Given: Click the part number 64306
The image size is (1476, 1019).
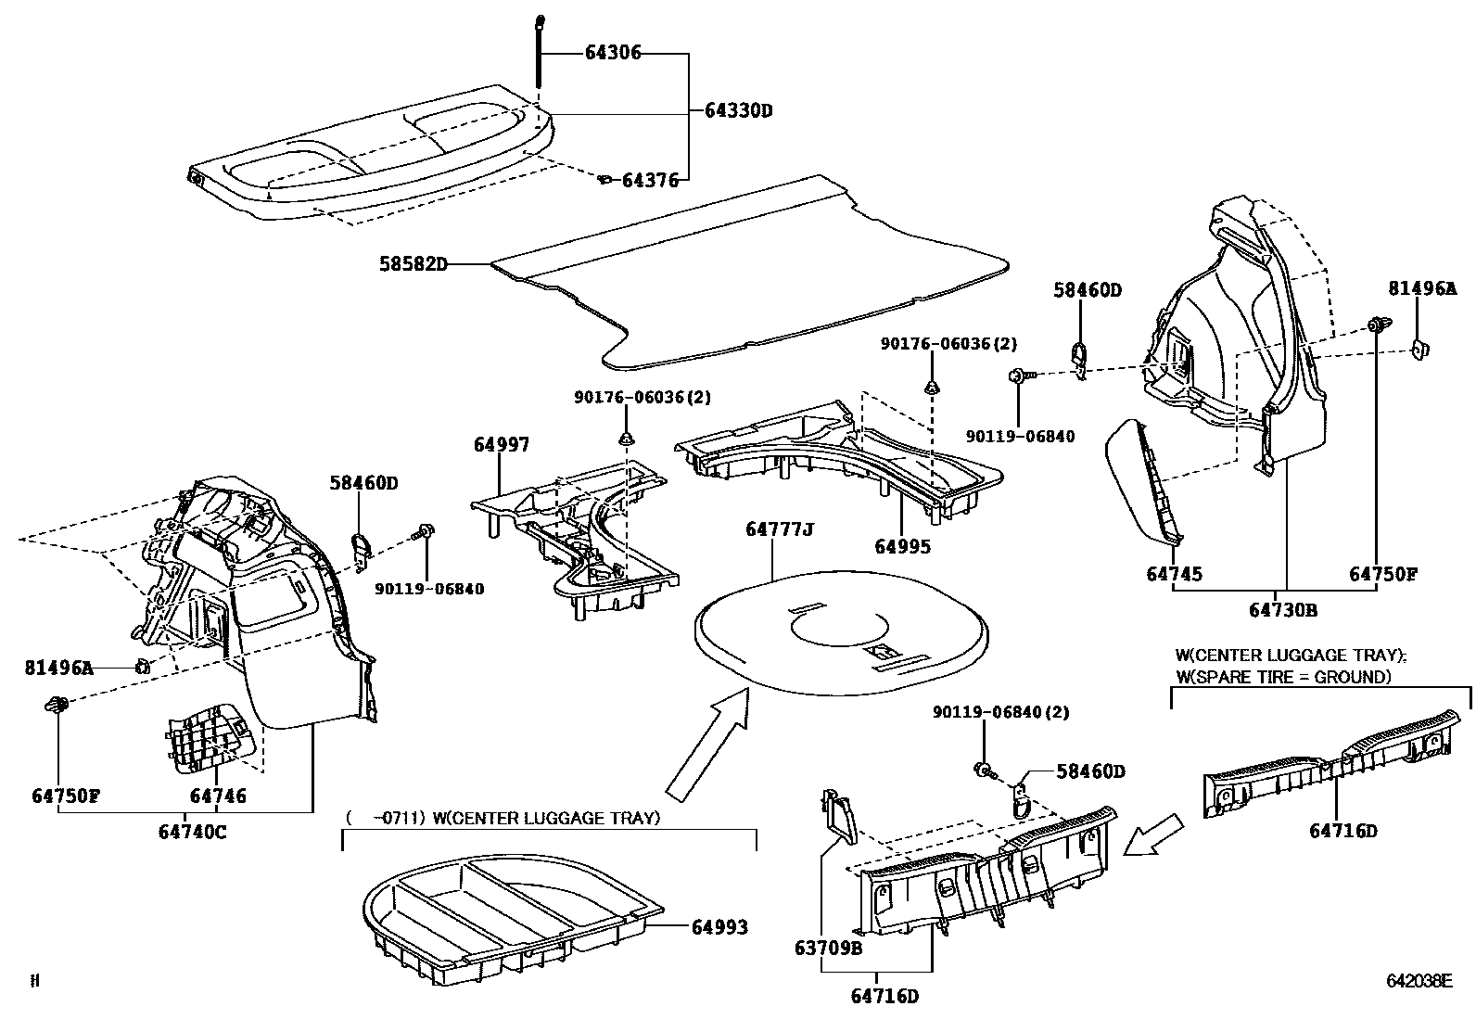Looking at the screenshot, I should [613, 54].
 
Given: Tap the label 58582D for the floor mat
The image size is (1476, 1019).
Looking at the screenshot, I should [413, 264].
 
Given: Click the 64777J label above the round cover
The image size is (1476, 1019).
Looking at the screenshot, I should [780, 529].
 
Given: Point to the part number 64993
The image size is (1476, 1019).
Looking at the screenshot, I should [719, 926].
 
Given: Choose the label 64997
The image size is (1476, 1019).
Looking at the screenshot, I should [502, 445].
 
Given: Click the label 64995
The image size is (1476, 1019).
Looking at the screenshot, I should [902, 546].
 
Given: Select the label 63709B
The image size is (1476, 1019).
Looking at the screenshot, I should [828, 948].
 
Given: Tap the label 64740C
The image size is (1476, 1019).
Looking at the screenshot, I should [192, 832].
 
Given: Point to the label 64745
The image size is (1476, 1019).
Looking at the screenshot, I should [1174, 574].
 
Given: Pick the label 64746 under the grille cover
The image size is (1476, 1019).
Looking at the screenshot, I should [218, 796].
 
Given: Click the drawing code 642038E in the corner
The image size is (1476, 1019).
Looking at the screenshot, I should [1419, 981].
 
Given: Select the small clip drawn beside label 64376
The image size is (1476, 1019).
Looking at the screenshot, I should [604, 179].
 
